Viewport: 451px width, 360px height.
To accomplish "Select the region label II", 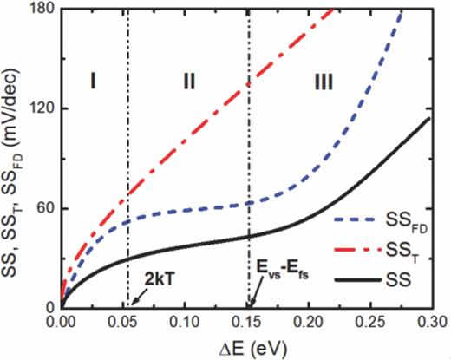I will click(189, 82).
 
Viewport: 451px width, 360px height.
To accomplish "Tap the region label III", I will click(324, 82).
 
